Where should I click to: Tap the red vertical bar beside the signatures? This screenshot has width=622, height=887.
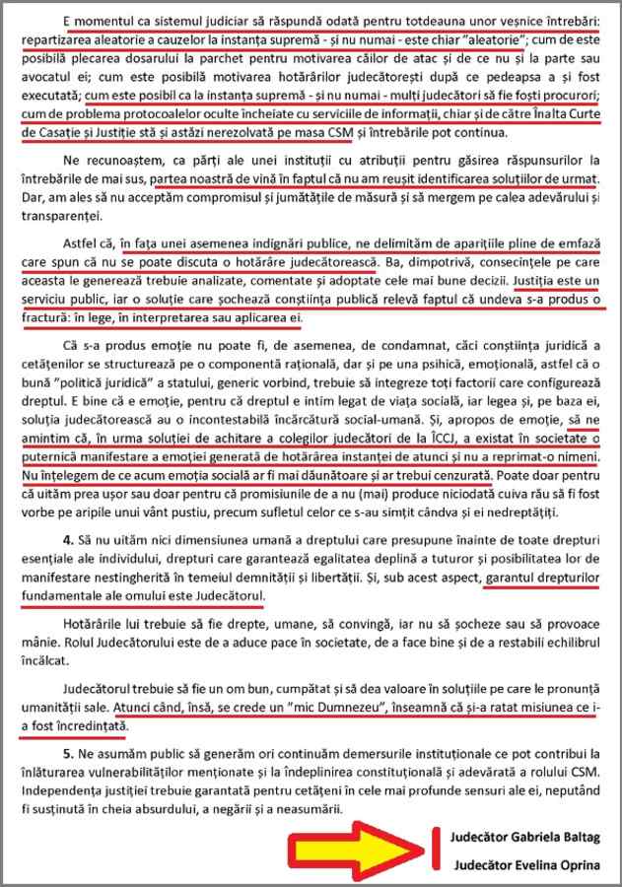432,849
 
